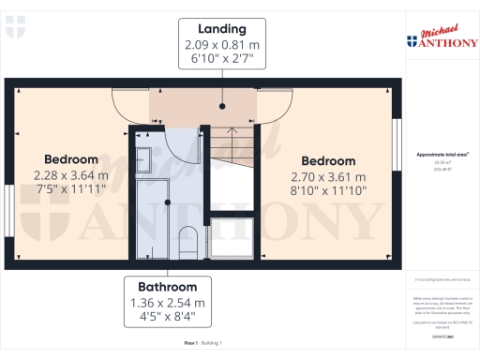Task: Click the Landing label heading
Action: [222, 28]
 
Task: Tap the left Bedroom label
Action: [70, 159]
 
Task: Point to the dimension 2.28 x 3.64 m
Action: [70, 174]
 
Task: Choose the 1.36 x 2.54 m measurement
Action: [168, 303]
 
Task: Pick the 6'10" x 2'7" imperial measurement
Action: [222, 61]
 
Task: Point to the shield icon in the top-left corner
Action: [11, 32]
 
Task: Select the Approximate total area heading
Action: [442, 155]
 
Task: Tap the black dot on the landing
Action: [222, 106]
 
